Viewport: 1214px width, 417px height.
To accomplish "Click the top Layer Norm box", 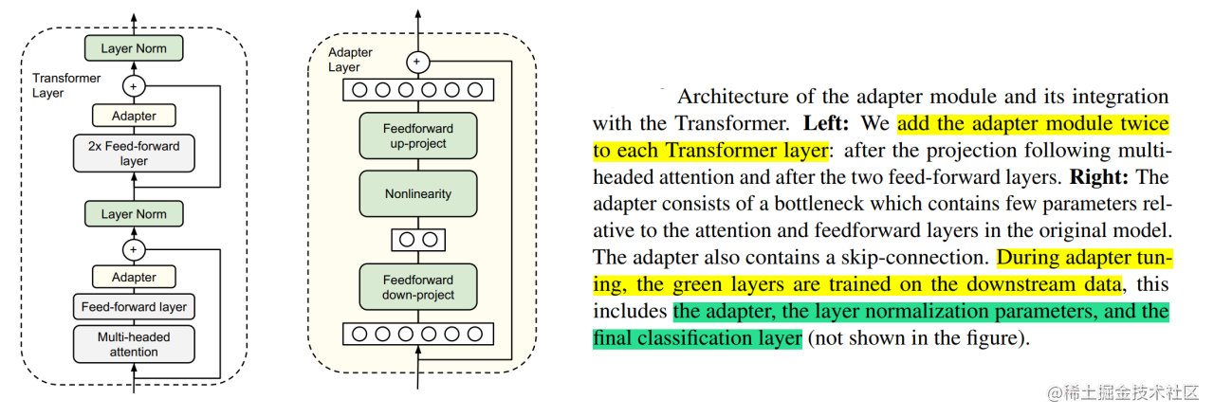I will (x=134, y=47).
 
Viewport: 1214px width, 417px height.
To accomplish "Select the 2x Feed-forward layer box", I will (x=134, y=153).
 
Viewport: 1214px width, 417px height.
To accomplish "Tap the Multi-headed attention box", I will (x=134, y=344).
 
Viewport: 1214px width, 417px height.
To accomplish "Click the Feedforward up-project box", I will (x=417, y=136).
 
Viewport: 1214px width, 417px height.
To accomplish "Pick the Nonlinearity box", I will (x=417, y=193).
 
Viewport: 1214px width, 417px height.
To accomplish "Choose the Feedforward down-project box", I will (x=417, y=287).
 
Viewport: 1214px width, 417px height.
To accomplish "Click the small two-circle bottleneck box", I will (x=417, y=240).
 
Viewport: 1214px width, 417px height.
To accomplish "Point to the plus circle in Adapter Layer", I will (x=417, y=63).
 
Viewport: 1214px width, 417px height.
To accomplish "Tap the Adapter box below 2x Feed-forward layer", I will (x=134, y=116).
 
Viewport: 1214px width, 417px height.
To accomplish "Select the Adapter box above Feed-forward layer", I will (x=134, y=277).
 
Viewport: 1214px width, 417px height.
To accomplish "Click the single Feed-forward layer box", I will (x=134, y=306).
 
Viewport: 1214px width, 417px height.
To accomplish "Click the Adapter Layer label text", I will (x=349, y=59).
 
